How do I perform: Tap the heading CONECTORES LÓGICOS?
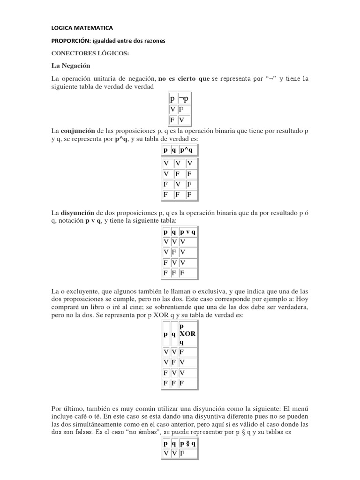pos(90,53)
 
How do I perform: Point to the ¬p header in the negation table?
pos(183,98)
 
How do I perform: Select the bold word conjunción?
pos(79,130)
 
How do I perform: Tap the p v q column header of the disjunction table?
pos(187,232)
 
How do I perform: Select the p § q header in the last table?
pos(187,442)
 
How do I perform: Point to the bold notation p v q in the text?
pos(93,220)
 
